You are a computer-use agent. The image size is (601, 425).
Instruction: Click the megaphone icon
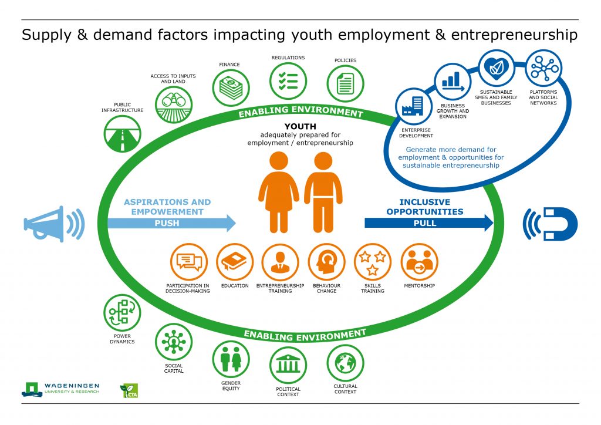tap(53, 224)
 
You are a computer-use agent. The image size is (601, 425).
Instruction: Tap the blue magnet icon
tap(551, 224)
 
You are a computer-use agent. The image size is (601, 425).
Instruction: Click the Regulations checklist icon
tap(288, 81)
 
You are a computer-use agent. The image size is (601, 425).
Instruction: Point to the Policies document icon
tap(345, 84)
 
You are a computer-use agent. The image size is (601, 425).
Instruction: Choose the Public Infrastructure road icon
tap(123, 134)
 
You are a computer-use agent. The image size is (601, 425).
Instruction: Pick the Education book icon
tap(235, 262)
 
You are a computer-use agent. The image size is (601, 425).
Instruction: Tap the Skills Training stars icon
tap(373, 262)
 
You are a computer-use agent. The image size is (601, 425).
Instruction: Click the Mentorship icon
tap(419, 262)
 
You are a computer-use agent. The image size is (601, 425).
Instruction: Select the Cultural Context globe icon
tap(345, 363)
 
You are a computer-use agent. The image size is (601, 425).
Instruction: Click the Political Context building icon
tap(288, 365)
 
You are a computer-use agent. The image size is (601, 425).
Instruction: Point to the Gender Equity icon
tap(231, 359)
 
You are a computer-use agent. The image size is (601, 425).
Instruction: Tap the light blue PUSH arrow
tap(172, 223)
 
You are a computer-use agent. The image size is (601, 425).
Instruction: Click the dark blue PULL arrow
tap(429, 223)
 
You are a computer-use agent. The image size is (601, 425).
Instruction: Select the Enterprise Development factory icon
tap(414, 106)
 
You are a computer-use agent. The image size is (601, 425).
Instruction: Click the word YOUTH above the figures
tap(300, 126)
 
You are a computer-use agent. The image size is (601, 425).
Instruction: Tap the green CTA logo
tap(129, 390)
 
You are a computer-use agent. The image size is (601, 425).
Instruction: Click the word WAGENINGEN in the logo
tap(72, 386)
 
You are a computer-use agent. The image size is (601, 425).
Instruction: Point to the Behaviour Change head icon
tap(326, 262)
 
